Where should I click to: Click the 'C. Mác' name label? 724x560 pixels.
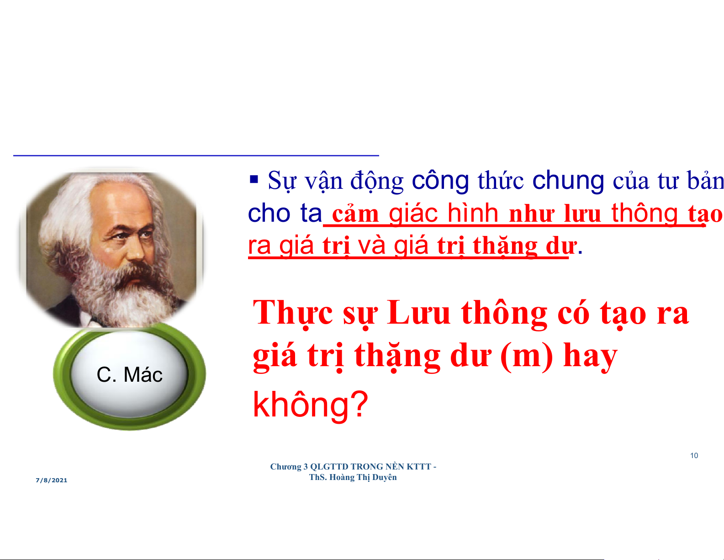pos(129,375)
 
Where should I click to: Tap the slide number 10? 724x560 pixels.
pos(694,456)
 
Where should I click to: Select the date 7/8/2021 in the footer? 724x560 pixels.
pos(52,480)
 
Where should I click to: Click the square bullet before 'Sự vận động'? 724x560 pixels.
pos(254,179)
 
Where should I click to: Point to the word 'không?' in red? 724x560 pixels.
pos(310,404)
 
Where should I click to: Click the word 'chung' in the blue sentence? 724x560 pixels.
pos(568,180)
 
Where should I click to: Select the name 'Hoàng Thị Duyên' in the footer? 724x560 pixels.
pos(363,477)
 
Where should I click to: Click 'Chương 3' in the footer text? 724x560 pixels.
pos(289,467)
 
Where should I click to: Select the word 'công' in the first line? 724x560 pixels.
pos(440,181)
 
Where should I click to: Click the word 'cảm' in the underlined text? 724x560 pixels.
pos(355,213)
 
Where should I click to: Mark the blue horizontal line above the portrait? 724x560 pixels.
pos(196,155)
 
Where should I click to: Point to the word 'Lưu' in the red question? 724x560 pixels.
pos(418,313)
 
